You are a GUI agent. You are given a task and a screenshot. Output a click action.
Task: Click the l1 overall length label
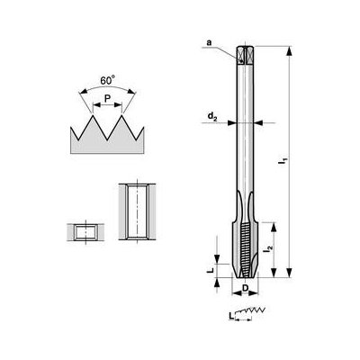[283, 165]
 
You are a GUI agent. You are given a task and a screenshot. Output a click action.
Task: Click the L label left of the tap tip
[210, 267]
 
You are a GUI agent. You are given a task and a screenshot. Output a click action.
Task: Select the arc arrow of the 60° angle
[107, 90]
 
